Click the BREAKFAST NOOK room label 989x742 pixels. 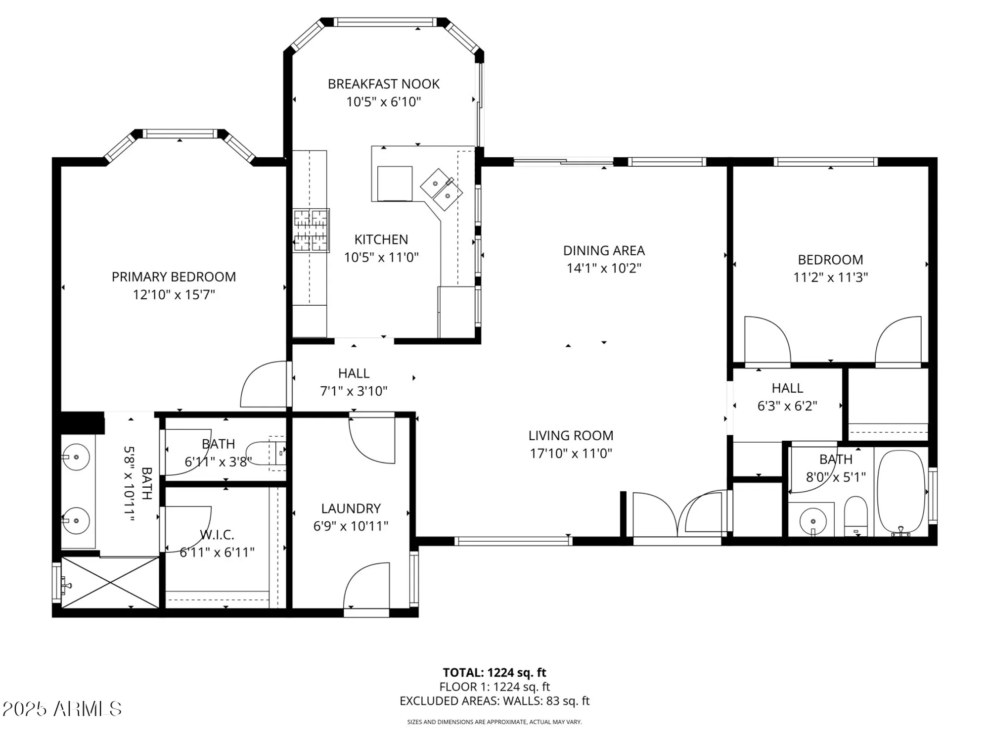click(383, 84)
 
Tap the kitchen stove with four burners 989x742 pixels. click(311, 231)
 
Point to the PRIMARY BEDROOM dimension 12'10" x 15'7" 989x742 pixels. click(174, 295)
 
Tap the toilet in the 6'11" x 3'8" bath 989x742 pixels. click(266, 454)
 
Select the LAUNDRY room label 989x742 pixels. click(351, 509)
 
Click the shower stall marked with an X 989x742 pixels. click(110, 582)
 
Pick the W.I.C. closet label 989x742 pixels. click(217, 535)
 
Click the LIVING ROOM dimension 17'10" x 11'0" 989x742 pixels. click(571, 454)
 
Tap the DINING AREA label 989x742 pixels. click(604, 251)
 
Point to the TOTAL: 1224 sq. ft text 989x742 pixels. click(494, 673)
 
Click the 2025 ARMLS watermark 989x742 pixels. click(62, 709)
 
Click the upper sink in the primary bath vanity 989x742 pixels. click(76, 457)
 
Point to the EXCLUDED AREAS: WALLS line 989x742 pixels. click(494, 701)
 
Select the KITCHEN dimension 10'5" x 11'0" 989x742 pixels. click(381, 257)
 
